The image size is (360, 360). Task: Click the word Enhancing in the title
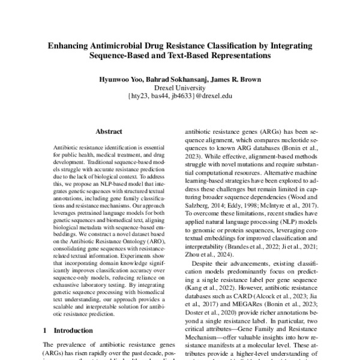click(x=67, y=46)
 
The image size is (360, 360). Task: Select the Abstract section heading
click(x=109, y=130)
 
